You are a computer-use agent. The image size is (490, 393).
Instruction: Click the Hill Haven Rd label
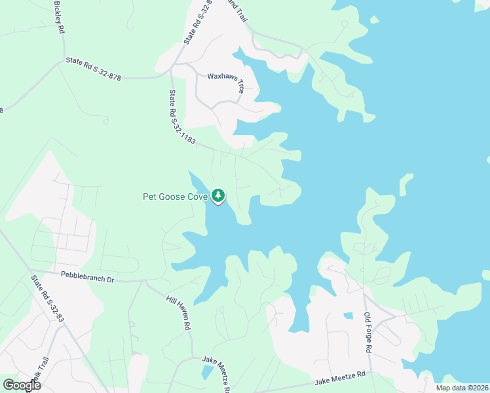click(178, 312)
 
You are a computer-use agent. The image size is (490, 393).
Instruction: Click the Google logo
click(22, 385)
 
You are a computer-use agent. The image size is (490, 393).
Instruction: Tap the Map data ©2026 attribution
click(462, 388)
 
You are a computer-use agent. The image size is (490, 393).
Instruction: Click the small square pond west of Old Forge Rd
click(347, 316)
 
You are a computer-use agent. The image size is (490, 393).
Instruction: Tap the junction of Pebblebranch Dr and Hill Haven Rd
click(144, 282)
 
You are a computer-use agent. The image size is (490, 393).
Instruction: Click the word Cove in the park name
click(197, 196)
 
